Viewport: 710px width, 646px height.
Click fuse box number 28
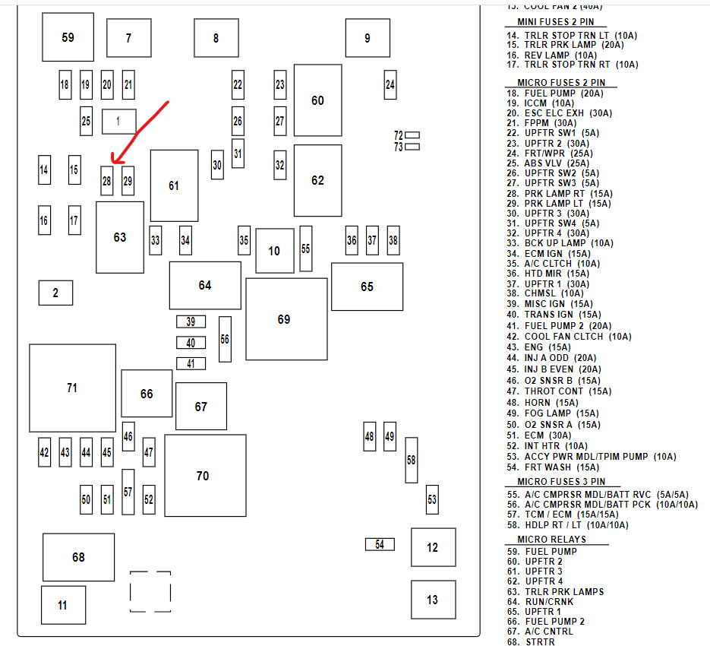tap(107, 181)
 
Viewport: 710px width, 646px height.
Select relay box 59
tap(68, 36)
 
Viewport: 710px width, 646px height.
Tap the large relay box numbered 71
tap(72, 388)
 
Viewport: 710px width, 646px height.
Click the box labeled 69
tap(284, 319)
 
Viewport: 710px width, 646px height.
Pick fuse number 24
tap(390, 85)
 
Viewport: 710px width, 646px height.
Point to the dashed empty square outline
tap(150, 591)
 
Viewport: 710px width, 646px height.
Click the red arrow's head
tap(113, 160)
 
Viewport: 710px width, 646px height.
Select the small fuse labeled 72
tap(412, 135)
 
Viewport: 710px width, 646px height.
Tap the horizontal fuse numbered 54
tap(380, 544)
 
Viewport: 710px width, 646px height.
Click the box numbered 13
tap(433, 600)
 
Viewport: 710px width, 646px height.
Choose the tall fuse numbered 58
tap(412, 460)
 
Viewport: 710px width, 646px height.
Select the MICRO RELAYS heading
tap(552, 540)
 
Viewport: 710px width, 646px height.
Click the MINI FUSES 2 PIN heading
tap(556, 23)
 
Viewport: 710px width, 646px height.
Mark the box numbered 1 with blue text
tap(118, 121)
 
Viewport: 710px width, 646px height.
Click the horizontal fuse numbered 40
tap(191, 343)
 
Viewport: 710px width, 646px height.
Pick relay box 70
tap(205, 476)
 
